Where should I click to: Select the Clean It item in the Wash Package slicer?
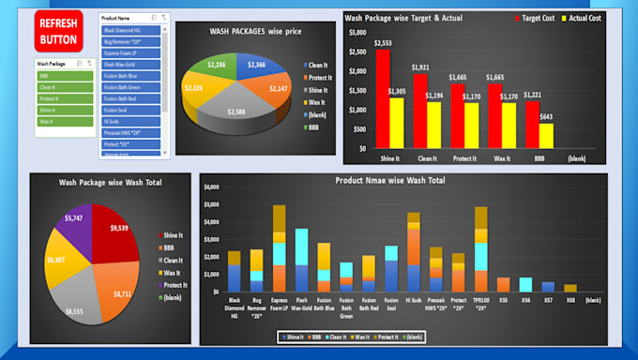tap(64, 86)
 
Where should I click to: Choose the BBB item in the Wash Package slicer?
tap(64, 75)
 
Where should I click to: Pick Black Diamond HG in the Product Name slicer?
tap(132, 31)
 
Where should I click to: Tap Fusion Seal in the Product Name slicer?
tap(132, 110)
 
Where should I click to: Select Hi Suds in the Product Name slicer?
tap(132, 121)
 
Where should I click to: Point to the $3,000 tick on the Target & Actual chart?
tap(357, 33)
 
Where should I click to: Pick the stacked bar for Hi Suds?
tap(414, 253)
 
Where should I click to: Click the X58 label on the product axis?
tap(570, 300)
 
